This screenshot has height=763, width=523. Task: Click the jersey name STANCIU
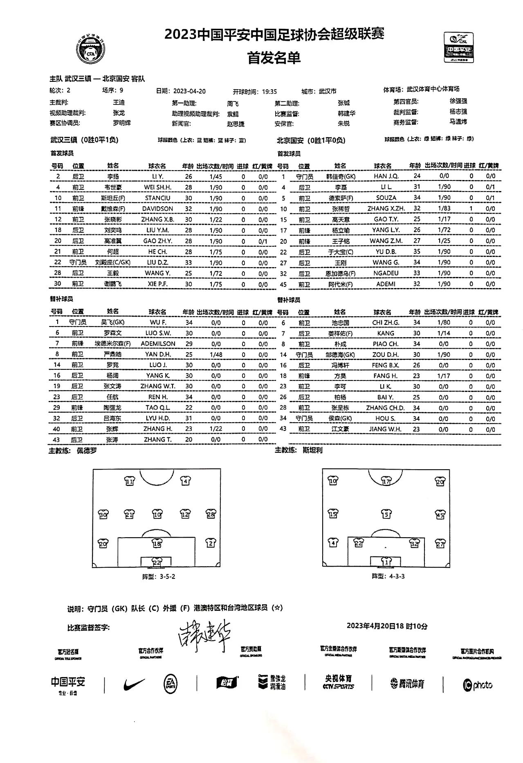tap(157, 198)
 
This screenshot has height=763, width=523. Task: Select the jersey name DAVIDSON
tap(157, 209)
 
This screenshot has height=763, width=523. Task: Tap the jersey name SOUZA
tap(386, 198)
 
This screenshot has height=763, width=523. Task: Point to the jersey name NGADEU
tap(386, 273)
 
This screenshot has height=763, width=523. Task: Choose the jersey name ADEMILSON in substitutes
tap(158, 344)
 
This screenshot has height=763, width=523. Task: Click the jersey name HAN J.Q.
tap(386, 176)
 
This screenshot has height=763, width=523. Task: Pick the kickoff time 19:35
tap(269, 92)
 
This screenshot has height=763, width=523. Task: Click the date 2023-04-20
tap(189, 91)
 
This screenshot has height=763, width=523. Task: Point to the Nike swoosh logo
tap(134, 684)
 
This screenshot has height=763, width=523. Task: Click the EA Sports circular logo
tap(170, 684)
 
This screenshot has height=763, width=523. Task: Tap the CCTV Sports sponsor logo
tap(338, 682)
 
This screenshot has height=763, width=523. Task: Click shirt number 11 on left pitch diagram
tap(129, 481)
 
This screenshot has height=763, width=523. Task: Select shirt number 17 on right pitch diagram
tap(386, 481)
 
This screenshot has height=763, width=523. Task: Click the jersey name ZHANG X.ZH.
tap(386, 208)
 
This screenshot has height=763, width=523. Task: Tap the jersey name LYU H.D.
tap(158, 418)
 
